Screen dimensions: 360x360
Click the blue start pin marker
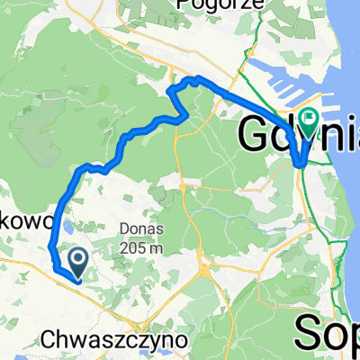pos(78,262)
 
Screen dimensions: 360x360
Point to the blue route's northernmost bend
pos(192,80)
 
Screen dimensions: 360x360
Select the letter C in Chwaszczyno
pos(48,341)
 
